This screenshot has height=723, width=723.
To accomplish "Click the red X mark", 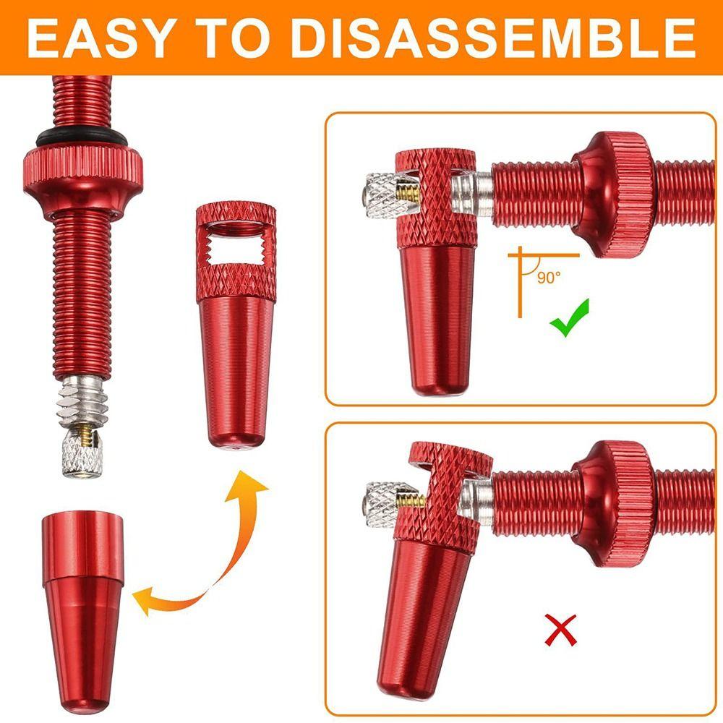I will [x=561, y=630].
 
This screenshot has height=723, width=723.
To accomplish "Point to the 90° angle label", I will [x=549, y=278].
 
